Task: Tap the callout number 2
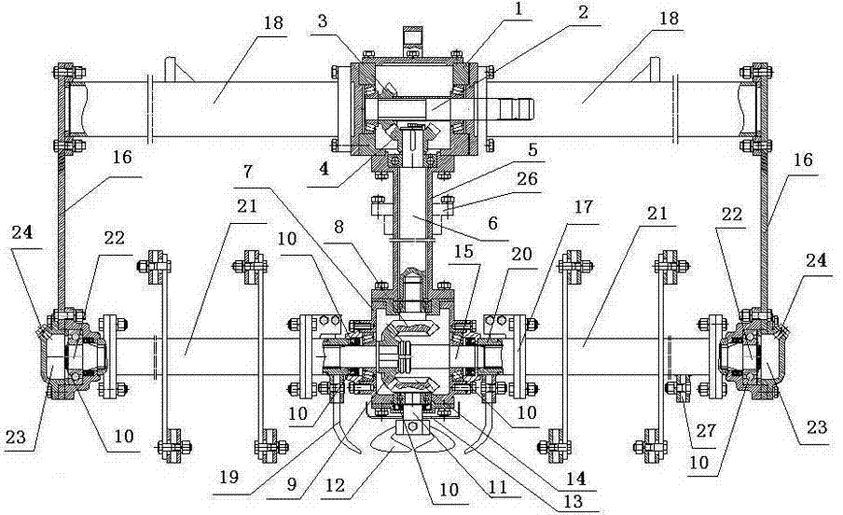584,13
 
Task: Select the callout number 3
322,21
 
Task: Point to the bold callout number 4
324,169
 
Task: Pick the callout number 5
532,149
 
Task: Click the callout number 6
493,223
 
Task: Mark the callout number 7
247,172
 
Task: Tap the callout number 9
291,484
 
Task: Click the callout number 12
336,486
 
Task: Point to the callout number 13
574,502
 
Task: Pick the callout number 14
574,479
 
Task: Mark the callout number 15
464,252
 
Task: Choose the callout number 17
584,206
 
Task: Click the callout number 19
228,478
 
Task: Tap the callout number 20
520,254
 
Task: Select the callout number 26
526,178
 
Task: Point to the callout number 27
705,430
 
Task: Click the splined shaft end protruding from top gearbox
516,109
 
